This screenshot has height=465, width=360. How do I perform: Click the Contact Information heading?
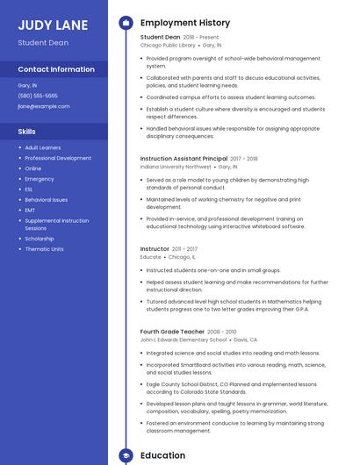pyautogui.click(x=56, y=69)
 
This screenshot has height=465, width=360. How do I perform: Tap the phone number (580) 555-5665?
pyautogui.click(x=38, y=96)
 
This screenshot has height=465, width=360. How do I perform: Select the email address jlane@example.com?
pyautogui.click(x=43, y=106)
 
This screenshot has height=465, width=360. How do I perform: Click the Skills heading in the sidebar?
pyautogui.click(x=27, y=131)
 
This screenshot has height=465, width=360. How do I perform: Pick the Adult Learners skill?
pyautogui.click(x=43, y=147)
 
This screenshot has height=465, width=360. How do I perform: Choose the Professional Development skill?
pyautogui.click(x=58, y=158)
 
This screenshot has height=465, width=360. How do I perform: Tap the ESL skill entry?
pyautogui.click(x=29, y=190)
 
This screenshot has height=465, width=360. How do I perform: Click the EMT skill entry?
pyautogui.click(x=30, y=211)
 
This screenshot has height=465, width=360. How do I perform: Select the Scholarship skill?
pyautogui.click(x=40, y=239)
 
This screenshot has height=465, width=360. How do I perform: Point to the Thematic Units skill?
pyautogui.click(x=44, y=249)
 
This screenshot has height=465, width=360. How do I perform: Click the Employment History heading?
pyautogui.click(x=185, y=23)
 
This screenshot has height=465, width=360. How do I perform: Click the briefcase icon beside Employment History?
pyautogui.click(x=125, y=23)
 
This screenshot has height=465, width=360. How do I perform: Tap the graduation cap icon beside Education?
pyautogui.click(x=125, y=455)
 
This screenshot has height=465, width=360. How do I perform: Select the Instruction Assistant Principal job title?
pyautogui.click(x=184, y=159)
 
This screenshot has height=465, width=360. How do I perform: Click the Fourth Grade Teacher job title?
pyautogui.click(x=172, y=332)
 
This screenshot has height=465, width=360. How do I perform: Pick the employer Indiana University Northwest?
pyautogui.click(x=176, y=166)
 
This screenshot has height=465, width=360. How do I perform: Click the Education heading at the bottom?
pyautogui.click(x=162, y=455)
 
